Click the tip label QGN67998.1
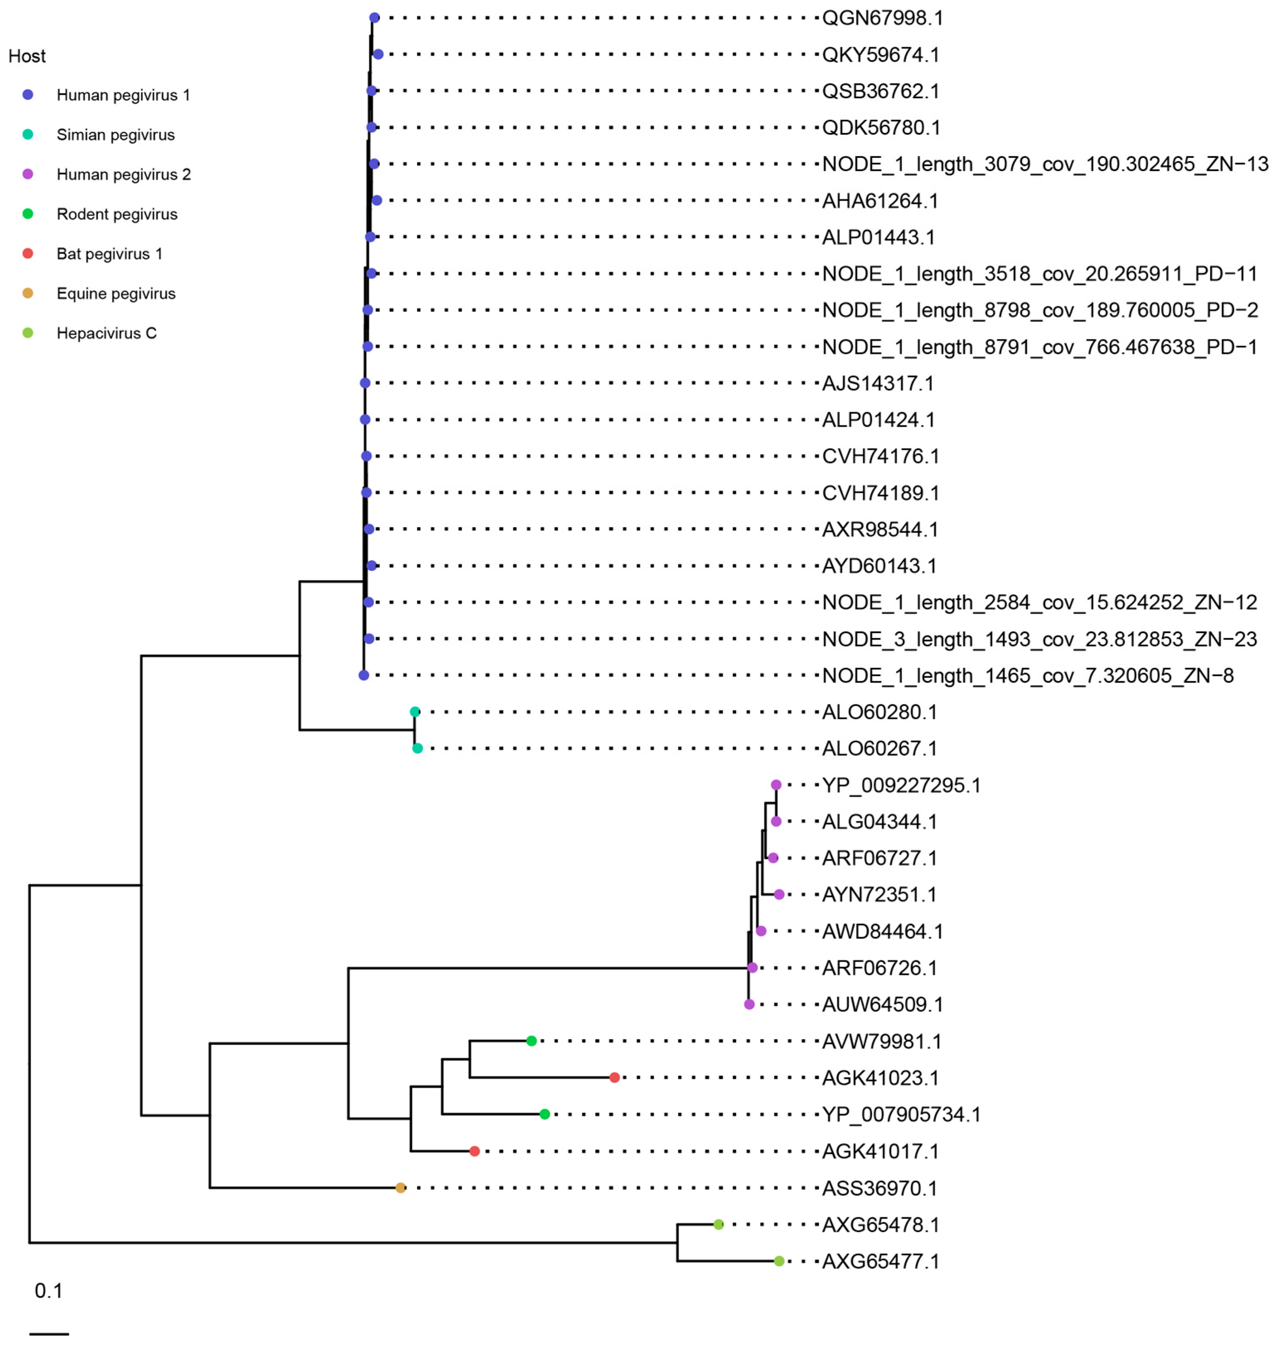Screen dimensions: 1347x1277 click(882, 18)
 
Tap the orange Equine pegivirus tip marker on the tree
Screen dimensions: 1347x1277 click(400, 1188)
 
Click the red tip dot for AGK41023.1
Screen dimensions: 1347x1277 click(614, 1077)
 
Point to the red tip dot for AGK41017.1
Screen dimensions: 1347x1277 click(474, 1151)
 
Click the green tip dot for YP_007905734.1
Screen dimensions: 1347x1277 click(544, 1114)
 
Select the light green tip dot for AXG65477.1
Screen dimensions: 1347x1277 click(779, 1261)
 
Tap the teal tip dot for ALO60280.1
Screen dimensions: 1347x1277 click(414, 712)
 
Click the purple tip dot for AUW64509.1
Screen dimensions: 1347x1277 click(749, 1004)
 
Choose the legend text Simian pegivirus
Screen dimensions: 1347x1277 click(116, 135)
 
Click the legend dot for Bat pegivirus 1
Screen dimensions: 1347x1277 click(28, 253)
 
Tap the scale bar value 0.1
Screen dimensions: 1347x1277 click(48, 1291)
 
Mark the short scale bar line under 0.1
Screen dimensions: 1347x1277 click(49, 1333)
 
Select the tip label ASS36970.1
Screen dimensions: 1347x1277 click(880, 1188)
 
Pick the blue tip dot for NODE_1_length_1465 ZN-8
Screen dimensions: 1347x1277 click(363, 675)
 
